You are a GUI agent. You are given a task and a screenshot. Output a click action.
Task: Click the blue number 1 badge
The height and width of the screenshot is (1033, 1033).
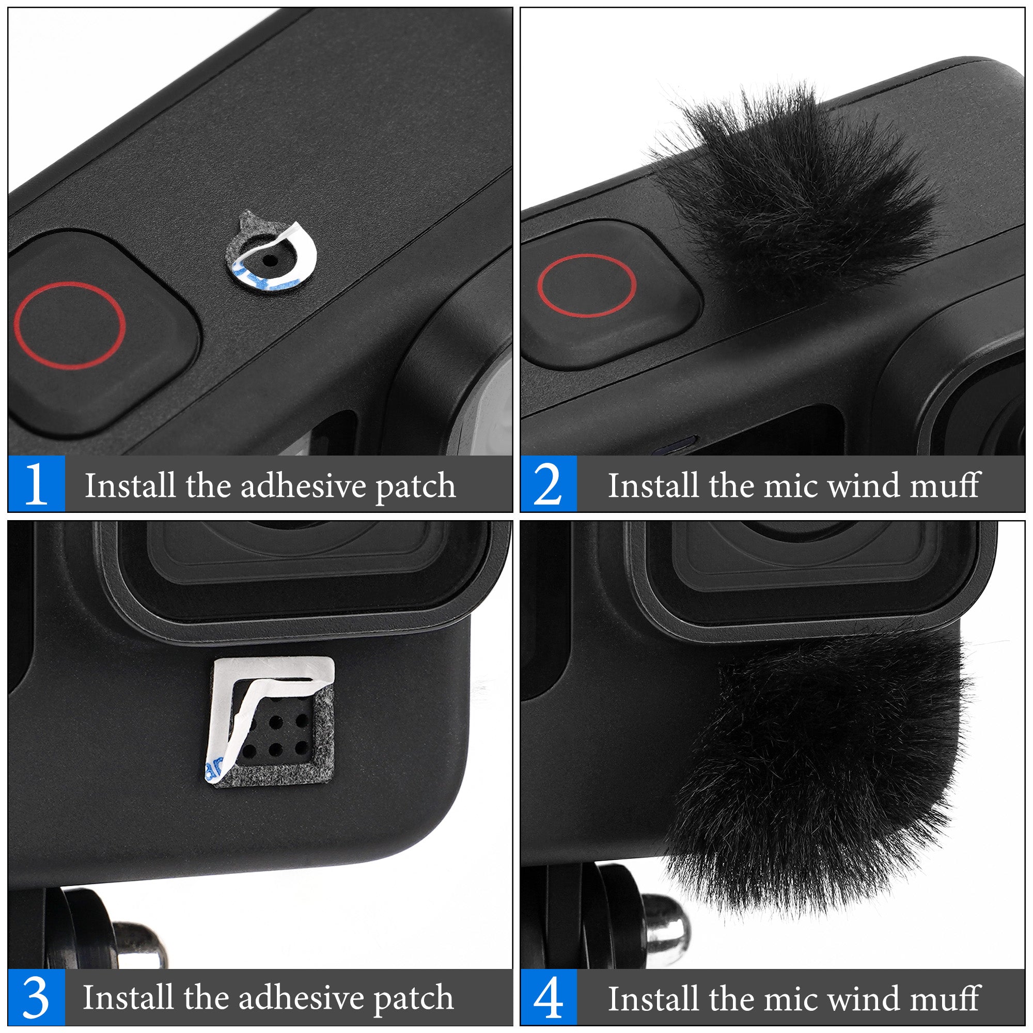(36, 484)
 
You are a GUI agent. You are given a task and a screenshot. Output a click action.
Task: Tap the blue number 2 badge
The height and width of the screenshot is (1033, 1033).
(549, 484)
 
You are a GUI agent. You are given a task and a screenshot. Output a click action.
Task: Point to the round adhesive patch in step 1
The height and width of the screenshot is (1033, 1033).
(272, 252)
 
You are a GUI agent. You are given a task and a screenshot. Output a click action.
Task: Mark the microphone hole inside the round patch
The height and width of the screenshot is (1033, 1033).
(270, 261)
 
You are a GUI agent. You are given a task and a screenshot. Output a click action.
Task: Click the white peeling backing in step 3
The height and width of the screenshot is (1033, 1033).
(262, 695)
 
